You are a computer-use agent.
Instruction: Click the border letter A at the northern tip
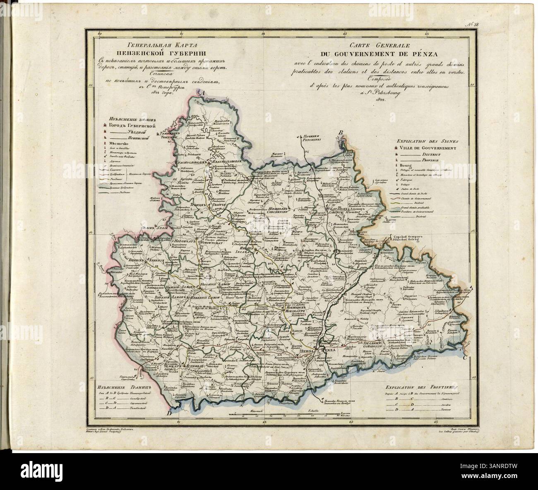(x=202, y=94)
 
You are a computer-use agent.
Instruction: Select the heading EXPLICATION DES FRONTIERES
(x=425, y=385)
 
